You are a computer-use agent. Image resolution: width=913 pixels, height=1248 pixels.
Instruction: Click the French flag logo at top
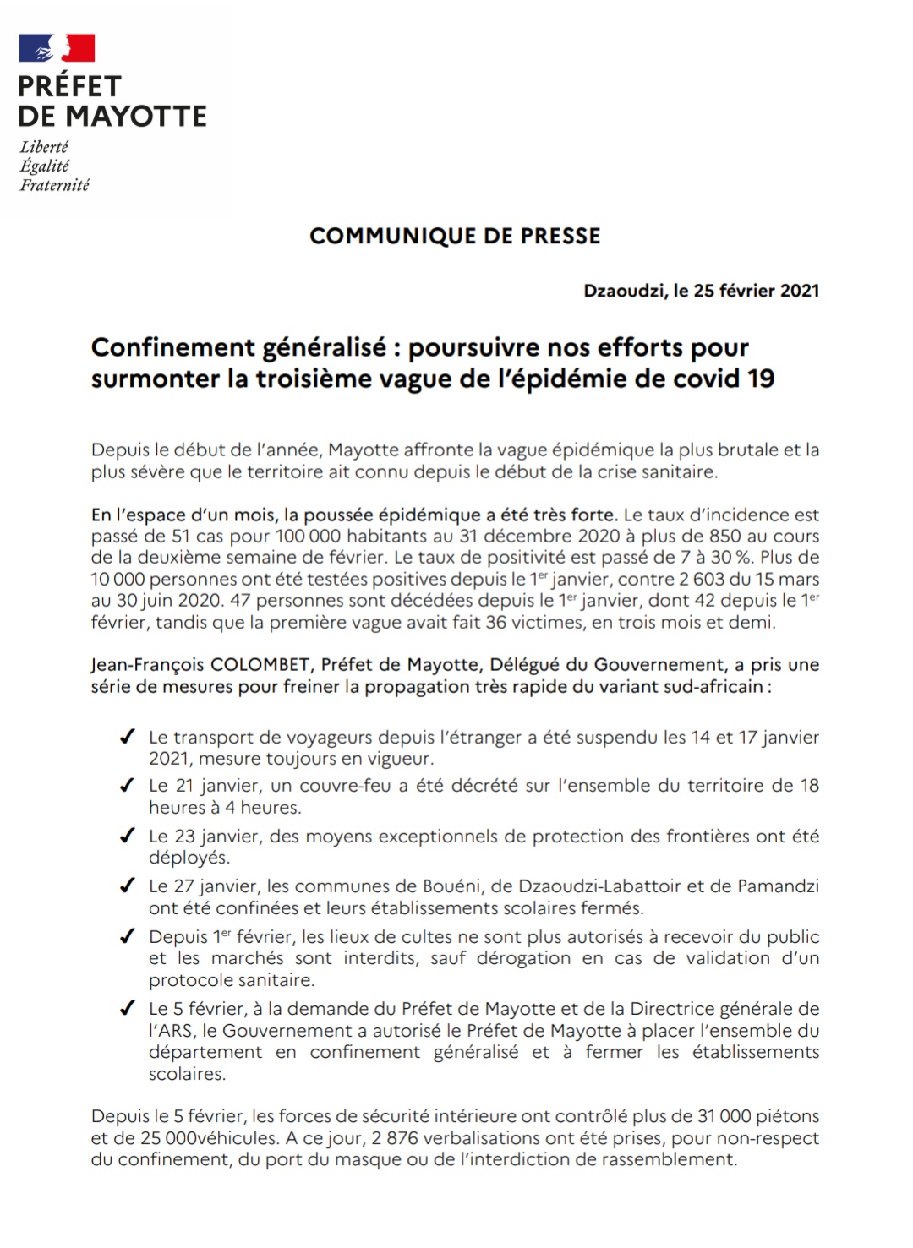(x=57, y=48)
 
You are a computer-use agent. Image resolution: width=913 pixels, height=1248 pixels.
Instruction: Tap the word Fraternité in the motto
(x=55, y=185)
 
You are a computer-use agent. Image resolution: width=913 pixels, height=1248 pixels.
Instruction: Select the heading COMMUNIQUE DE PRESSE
(x=455, y=236)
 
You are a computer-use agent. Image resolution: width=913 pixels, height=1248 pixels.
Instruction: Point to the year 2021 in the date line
(x=799, y=291)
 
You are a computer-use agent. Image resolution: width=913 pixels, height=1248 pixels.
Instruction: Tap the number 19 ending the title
(x=761, y=378)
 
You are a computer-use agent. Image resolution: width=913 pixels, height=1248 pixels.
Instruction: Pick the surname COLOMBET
(x=260, y=665)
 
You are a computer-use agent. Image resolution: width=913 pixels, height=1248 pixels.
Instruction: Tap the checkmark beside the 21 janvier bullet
(x=128, y=786)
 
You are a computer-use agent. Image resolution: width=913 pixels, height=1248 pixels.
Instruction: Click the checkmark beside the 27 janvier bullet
(x=128, y=886)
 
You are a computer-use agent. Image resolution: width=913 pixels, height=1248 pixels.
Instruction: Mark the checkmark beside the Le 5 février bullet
(x=128, y=1009)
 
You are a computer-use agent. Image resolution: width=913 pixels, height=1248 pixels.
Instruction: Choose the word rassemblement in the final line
(x=668, y=1159)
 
